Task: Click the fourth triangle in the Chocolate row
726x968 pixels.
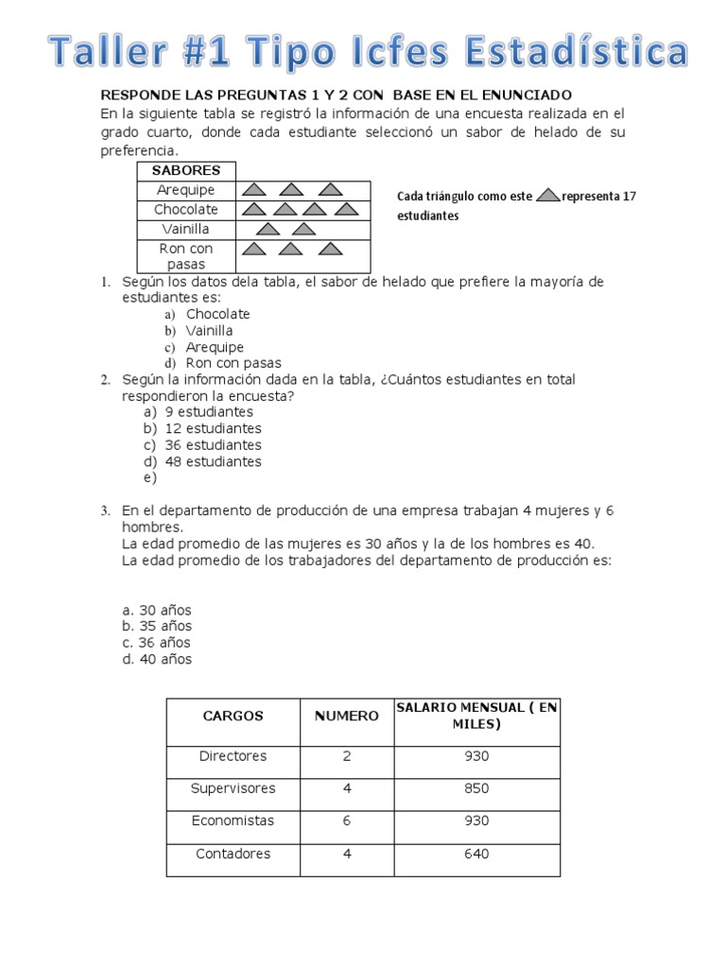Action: coord(346,209)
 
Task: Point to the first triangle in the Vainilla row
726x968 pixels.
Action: coord(268,229)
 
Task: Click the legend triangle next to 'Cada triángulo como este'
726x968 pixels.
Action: coord(548,196)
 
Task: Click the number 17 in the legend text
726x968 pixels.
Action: coord(629,197)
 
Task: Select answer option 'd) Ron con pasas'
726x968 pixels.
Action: coord(233,363)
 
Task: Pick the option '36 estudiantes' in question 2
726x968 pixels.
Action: coord(213,445)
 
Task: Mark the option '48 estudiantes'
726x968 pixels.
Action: coord(213,462)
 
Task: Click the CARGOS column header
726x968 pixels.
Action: coord(233,717)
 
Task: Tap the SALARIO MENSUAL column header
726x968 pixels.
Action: coord(476,716)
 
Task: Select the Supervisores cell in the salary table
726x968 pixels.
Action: coord(233,788)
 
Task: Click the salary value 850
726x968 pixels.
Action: coord(476,788)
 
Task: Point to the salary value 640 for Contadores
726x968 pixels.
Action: coord(476,854)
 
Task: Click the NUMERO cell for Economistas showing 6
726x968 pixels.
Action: coord(346,821)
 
